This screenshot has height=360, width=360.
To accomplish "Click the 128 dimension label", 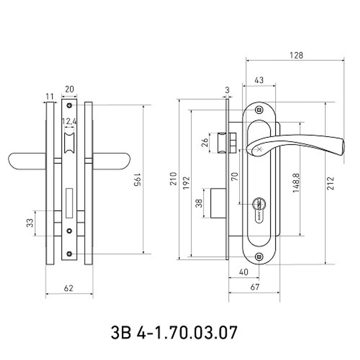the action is pos(296,55).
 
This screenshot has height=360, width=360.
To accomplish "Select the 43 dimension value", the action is pos(259,80).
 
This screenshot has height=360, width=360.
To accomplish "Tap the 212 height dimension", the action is pos(330,183).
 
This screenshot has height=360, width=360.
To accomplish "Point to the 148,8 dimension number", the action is pos(296,183).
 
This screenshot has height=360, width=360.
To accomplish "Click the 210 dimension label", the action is pos(174,179).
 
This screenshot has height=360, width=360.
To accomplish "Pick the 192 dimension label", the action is pos(186,183).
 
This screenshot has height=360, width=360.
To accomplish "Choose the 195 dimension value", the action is pos(137,180).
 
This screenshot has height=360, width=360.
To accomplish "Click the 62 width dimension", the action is pos(69,288).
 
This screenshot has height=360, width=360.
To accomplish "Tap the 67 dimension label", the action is pos(255,287).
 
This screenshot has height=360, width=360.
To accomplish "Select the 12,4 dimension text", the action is pos(69,121).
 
